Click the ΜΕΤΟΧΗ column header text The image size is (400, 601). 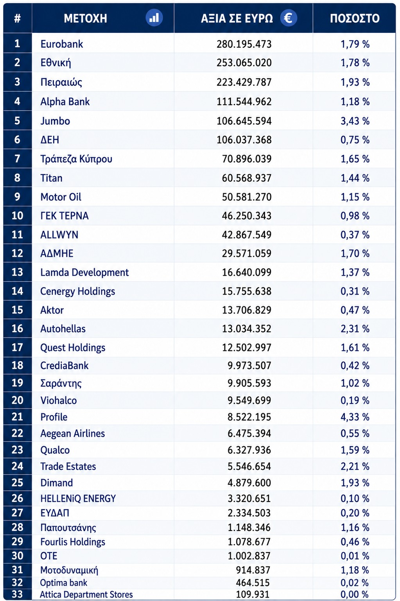pyautogui.click(x=85, y=18)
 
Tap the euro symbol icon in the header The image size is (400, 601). pyautogui.click(x=289, y=18)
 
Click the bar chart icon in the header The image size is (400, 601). pyautogui.click(x=154, y=18)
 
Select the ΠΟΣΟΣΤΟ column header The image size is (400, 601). pyautogui.click(x=355, y=18)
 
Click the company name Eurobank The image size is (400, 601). pyautogui.click(x=62, y=44)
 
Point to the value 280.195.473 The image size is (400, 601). pyautogui.click(x=244, y=44)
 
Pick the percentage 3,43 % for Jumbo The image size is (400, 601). pyautogui.click(x=355, y=121)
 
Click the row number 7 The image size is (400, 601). pyautogui.click(x=17, y=159)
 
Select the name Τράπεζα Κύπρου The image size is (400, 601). pyautogui.click(x=76, y=159)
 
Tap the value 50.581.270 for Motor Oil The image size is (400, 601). pyautogui.click(x=247, y=197)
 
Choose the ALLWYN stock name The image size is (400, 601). pyautogui.click(x=59, y=235)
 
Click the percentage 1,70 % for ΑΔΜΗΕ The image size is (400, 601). pyautogui.click(x=355, y=253)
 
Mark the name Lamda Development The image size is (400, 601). pyautogui.click(x=84, y=272)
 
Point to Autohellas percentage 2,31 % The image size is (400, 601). pyautogui.click(x=355, y=329)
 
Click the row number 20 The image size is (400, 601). pyautogui.click(x=17, y=400)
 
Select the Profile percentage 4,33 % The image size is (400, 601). pyautogui.click(x=355, y=417)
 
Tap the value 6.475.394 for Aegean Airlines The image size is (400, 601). pyautogui.click(x=249, y=433)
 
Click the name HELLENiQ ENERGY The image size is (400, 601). pyautogui.click(x=78, y=499)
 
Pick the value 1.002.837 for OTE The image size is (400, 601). pyautogui.click(x=249, y=556)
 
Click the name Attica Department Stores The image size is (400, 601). pyautogui.click(x=86, y=595)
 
